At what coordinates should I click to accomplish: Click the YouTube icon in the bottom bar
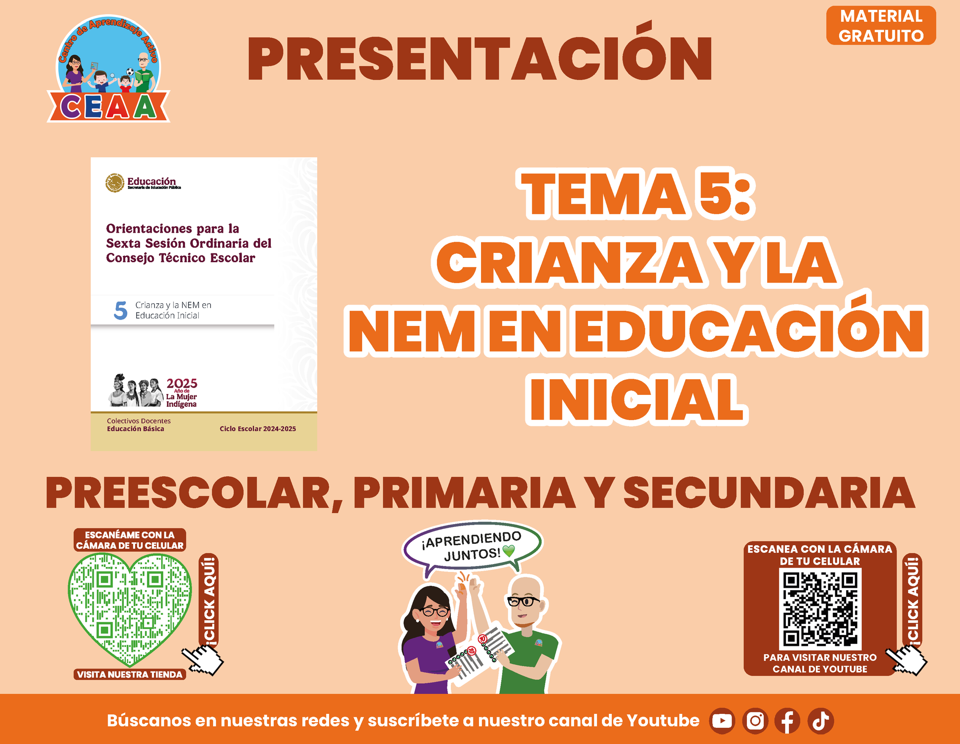[x=722, y=721]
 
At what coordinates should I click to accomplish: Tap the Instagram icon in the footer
[x=755, y=721]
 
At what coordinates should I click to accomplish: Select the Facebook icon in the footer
[x=787, y=721]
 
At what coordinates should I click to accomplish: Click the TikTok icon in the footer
[x=821, y=721]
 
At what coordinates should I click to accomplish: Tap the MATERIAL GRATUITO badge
[x=881, y=26]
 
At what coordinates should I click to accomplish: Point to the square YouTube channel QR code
[x=820, y=609]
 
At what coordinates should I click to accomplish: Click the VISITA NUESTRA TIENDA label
[x=130, y=674]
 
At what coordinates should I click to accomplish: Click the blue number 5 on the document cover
[x=120, y=311]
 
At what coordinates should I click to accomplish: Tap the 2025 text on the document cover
[x=182, y=383]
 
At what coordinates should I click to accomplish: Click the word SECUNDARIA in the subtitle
[x=770, y=493]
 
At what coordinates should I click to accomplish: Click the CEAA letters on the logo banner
[x=108, y=106]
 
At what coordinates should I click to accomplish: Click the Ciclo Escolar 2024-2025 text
[x=258, y=429]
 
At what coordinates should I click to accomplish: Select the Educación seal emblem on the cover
[x=115, y=183]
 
